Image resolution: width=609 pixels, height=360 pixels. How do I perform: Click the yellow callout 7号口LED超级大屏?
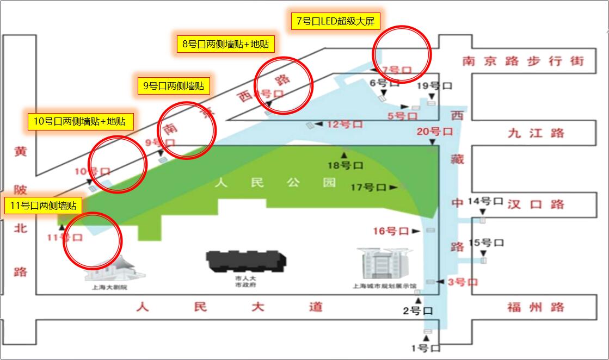coord(335,21)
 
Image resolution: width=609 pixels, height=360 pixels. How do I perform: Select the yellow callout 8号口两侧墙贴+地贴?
coord(226,44)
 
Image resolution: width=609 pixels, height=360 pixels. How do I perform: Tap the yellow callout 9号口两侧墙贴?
coord(173,85)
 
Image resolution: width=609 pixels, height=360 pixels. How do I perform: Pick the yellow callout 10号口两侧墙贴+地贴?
coord(79,121)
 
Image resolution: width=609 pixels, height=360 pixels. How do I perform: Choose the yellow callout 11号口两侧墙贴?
coord(42,206)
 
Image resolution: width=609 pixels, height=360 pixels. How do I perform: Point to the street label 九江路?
coord(536,133)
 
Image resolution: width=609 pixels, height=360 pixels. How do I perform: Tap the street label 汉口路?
coord(536,204)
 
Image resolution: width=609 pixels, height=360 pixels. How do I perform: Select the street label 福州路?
coord(536,307)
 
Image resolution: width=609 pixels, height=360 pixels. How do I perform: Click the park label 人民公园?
coord(275,183)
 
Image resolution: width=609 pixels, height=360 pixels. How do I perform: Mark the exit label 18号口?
coord(345,165)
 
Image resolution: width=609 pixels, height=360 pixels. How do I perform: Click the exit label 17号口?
coord(368,188)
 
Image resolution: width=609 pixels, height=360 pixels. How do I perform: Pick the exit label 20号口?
coord(434,132)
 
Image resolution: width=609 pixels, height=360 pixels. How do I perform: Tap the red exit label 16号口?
coord(391,231)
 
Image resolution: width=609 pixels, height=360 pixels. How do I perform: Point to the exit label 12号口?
coord(345,124)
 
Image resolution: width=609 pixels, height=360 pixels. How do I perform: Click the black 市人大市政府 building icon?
coord(246,261)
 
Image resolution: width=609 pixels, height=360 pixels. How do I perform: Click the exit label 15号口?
coord(486,243)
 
